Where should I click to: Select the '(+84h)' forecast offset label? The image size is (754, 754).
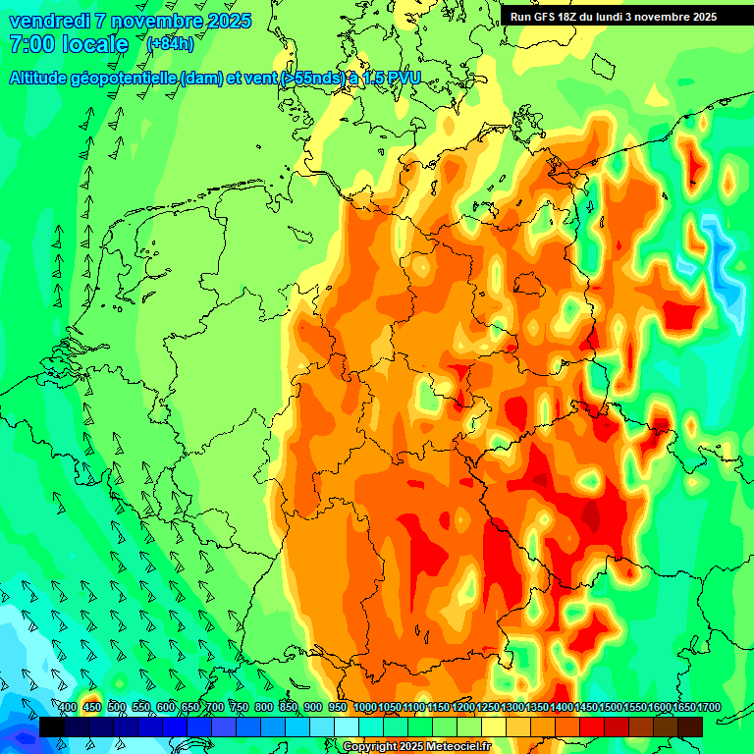(x=170, y=43)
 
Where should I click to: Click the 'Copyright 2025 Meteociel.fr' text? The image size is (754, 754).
(x=416, y=747)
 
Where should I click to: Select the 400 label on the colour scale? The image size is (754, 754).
(x=68, y=708)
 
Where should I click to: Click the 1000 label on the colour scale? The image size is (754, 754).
(x=365, y=708)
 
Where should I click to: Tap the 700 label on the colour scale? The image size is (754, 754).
(x=215, y=708)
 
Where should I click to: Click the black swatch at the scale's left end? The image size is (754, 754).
(x=51, y=727)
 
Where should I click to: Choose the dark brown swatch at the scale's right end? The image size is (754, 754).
(x=690, y=727)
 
